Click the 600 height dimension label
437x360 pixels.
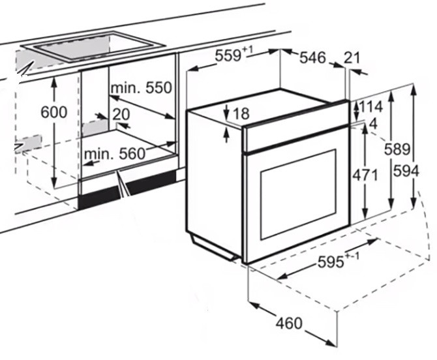coord(54,112)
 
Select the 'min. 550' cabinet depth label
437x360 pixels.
coord(142,88)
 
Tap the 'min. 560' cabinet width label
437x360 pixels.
coord(115,154)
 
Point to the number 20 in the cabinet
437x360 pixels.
coord(121,114)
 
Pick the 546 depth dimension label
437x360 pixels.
coord(312,57)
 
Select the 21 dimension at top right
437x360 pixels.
coord(352,58)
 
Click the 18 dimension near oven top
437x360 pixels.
coord(241,113)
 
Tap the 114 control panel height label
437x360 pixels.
coord(371,106)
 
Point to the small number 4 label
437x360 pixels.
coord(373,124)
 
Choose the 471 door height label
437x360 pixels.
coord(365,175)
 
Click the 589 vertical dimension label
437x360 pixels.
coord(397,149)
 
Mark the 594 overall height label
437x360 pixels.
coord(406,171)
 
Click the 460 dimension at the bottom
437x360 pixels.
coord(289,323)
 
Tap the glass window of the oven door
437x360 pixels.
coord(298,194)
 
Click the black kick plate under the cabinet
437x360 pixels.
coord(127,190)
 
